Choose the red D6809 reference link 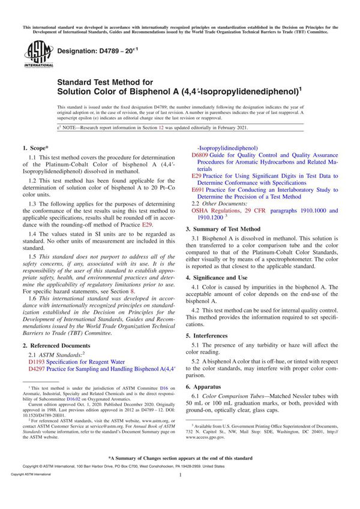pos(200,155)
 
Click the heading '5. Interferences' pos(210,335)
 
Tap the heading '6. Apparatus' pos(206,387)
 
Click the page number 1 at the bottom pos(180,490)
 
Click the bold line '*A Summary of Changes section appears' pos(180,457)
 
